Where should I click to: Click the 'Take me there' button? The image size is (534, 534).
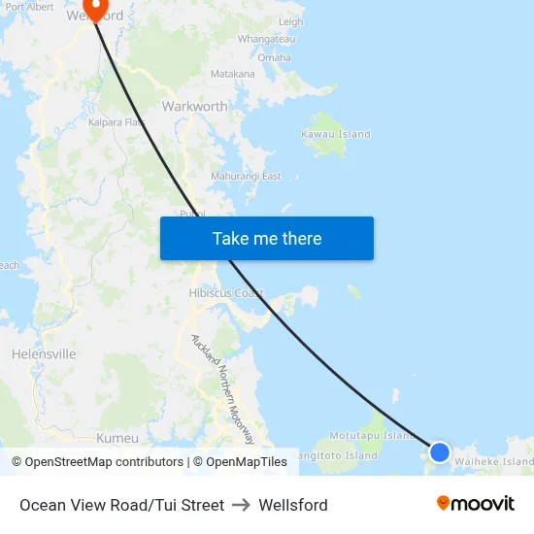click(x=267, y=239)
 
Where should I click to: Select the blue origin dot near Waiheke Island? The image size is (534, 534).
click(x=439, y=452)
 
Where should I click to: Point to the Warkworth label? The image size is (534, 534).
click(x=194, y=106)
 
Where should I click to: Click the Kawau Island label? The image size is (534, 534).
click(x=335, y=134)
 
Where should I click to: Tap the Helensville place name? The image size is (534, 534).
click(x=44, y=354)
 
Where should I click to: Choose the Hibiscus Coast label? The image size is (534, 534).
click(x=226, y=293)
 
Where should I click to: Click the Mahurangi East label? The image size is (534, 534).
click(x=246, y=177)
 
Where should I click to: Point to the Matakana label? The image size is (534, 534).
click(x=233, y=74)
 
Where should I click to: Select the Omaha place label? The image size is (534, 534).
click(x=274, y=58)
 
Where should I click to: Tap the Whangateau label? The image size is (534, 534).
click(x=265, y=40)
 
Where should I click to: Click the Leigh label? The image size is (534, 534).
click(x=290, y=21)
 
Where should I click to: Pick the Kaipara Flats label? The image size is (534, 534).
click(x=117, y=122)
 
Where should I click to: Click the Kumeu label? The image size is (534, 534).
click(x=117, y=438)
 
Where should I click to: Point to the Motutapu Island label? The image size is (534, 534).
click(x=372, y=436)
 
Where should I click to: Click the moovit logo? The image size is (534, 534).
click(x=476, y=504)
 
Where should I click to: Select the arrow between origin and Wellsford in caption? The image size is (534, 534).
click(x=241, y=505)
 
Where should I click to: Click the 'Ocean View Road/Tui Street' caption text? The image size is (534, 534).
click(x=121, y=505)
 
